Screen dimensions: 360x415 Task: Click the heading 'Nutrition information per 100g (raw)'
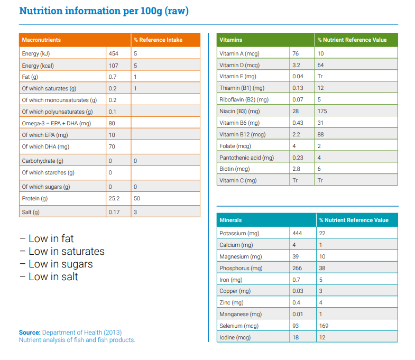[104, 11]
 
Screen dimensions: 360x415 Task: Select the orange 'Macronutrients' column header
[41, 40]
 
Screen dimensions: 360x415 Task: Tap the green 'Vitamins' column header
[230, 40]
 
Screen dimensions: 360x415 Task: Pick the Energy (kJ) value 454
[114, 53]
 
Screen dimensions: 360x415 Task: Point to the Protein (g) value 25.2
[114, 198]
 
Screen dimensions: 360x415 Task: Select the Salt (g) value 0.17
[114, 212]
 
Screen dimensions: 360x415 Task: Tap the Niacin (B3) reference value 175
[322, 111]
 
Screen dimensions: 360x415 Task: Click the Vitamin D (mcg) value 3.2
[296, 65]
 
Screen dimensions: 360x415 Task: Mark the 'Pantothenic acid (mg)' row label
[246, 158]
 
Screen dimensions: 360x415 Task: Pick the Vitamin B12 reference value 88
[321, 134]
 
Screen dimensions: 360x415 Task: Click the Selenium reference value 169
[323, 326]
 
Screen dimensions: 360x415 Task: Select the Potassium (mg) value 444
[297, 233]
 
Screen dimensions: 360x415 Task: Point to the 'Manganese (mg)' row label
[241, 314]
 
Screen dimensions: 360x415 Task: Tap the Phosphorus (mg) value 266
[297, 268]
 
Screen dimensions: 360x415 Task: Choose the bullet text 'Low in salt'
[53, 276]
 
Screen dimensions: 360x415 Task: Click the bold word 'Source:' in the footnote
[30, 332]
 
